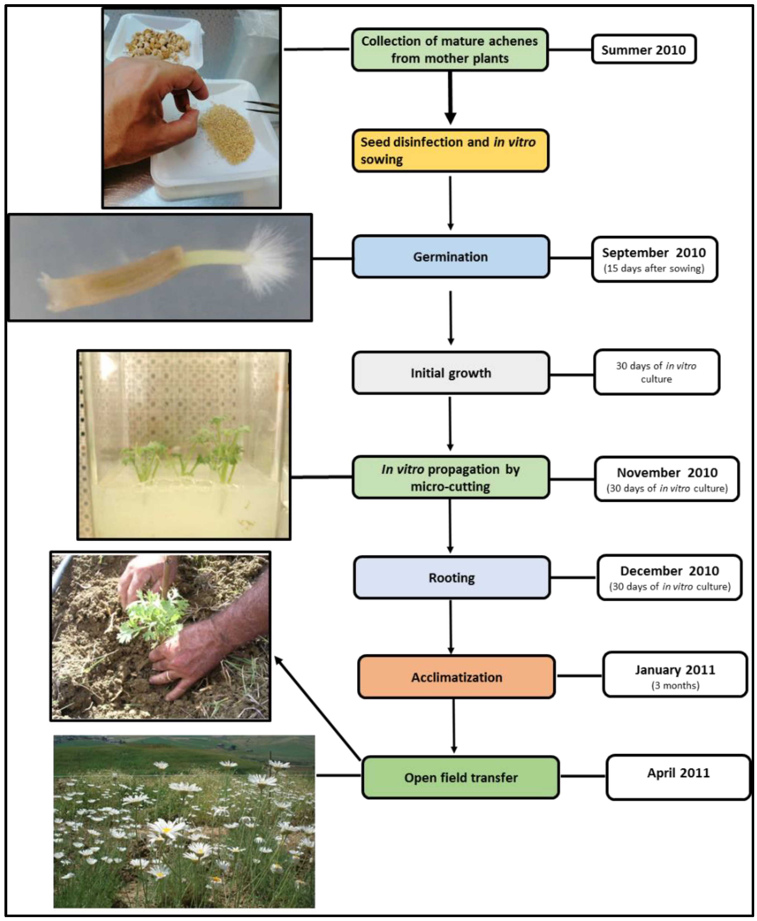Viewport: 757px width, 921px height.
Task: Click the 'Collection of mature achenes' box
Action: pos(450,50)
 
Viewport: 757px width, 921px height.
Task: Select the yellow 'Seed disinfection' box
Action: pos(450,151)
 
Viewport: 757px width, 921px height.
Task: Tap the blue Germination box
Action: pos(450,257)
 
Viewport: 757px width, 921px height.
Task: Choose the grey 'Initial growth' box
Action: pos(450,373)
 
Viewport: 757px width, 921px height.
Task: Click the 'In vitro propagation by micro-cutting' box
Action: pos(450,478)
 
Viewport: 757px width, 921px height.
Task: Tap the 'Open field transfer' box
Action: pos(461,778)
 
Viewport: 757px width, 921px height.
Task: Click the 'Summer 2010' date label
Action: pos(643,50)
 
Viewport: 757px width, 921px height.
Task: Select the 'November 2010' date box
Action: pos(667,479)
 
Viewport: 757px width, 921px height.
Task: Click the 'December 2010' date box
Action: pos(669,578)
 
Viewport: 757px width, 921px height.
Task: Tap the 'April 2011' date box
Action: pos(678,778)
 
